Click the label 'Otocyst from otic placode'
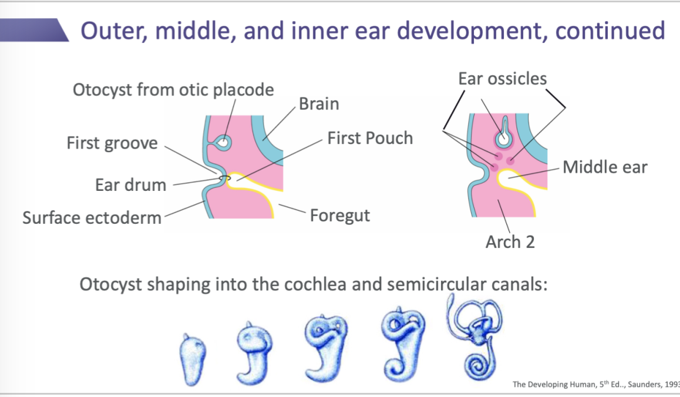[x=173, y=90]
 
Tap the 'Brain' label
[x=319, y=104]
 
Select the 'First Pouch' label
[x=370, y=138]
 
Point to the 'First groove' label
[x=112, y=143]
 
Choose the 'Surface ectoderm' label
[x=92, y=217]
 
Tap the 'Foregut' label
[x=340, y=215]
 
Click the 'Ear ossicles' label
[x=502, y=79]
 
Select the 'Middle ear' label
[x=605, y=167]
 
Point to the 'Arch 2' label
[x=510, y=241]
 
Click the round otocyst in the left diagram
[x=223, y=142]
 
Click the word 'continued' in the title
[x=610, y=31]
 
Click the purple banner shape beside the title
[x=35, y=30]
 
